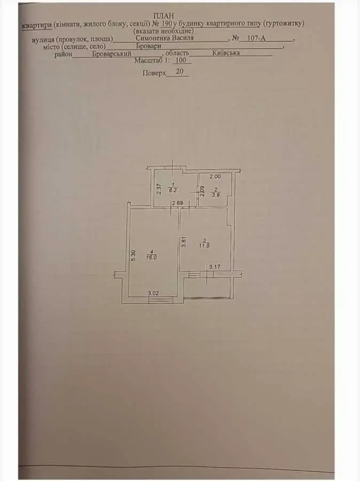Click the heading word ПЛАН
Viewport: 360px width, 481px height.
coord(163,16)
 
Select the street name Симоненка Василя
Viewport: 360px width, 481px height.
coord(165,38)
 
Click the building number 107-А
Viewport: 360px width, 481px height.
coord(256,38)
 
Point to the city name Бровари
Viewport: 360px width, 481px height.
coord(148,46)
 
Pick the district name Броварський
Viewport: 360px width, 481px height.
coord(112,53)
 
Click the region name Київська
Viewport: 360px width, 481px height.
coord(226,53)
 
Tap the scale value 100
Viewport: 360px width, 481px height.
coord(181,60)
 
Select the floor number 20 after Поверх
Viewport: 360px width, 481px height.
coord(179,72)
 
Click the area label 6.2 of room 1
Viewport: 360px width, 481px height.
coord(173,190)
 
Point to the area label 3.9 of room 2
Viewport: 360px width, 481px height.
coord(216,195)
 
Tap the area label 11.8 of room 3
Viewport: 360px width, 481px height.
coord(204,246)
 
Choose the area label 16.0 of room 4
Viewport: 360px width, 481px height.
coord(152,258)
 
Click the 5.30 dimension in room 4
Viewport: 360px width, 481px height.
coord(133,255)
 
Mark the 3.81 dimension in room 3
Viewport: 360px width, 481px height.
coord(184,242)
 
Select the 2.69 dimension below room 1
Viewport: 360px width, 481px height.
coord(177,203)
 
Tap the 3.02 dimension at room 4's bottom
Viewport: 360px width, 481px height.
coord(153,293)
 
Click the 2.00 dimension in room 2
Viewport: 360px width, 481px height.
coord(215,176)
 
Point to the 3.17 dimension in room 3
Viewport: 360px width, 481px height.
coord(215,267)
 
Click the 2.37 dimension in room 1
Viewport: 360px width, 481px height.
coord(159,189)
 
